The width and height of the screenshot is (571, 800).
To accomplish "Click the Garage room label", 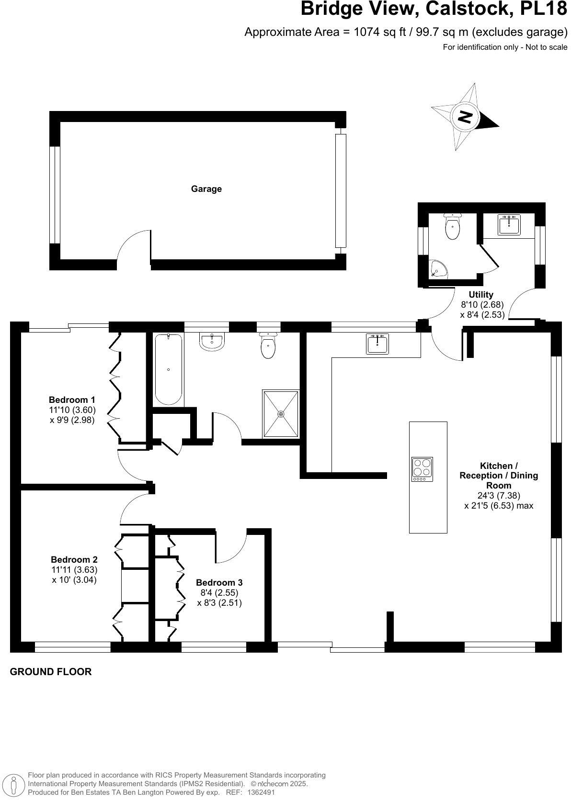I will coord(206,189).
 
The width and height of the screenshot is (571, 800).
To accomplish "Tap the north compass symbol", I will coord(464,117).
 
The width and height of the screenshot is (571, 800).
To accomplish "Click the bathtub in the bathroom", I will coord(169,369).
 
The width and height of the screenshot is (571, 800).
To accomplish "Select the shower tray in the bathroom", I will coord(281,414).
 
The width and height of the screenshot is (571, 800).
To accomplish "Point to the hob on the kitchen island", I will coord(422,469).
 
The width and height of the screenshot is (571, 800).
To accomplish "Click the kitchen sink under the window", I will coord(377,344).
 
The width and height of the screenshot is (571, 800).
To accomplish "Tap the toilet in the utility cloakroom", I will coord(453,226).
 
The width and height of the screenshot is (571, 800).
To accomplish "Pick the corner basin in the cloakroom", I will coord(438,270).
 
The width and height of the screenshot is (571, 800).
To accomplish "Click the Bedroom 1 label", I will coord(72,400).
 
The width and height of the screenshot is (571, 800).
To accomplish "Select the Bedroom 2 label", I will coord(74,559).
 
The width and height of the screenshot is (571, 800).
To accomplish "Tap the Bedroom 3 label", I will coord(219,583).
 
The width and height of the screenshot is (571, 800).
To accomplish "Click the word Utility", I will coord(481,295).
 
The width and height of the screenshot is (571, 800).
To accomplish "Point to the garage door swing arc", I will coord(134,245).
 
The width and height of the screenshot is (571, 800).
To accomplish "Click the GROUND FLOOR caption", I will coord(51,672).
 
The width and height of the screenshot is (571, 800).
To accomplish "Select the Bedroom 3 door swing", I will coord(231,546).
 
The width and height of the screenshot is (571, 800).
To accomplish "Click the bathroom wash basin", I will coord(211,342).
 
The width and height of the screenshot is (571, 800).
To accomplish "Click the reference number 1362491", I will coord(262,792).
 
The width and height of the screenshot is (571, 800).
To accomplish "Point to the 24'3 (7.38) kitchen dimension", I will coord(499,495).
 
